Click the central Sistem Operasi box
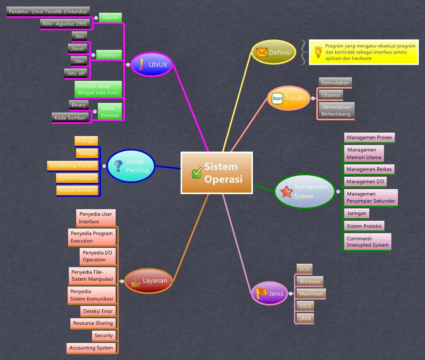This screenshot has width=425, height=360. [x=217, y=173]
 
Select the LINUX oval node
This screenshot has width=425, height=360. [x=152, y=65]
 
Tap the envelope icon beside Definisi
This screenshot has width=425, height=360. [x=262, y=52]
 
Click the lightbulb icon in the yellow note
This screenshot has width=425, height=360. [x=318, y=52]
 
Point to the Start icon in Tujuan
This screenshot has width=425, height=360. [x=277, y=98]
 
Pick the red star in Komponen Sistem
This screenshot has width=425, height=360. [x=286, y=191]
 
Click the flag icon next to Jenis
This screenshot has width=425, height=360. [x=261, y=293]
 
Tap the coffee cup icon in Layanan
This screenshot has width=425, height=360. [x=135, y=282]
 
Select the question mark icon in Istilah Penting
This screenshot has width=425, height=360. [x=118, y=166]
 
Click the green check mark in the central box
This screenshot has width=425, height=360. [x=196, y=173]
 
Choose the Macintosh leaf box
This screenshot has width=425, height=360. [x=311, y=294]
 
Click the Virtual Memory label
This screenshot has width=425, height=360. [x=77, y=191]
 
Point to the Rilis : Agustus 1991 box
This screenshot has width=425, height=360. [x=65, y=24]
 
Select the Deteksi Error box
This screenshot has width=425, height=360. [x=98, y=311]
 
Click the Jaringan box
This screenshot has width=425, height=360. [x=356, y=213]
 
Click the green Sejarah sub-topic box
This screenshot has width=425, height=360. [x=110, y=18]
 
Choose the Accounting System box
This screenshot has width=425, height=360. [x=91, y=348]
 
